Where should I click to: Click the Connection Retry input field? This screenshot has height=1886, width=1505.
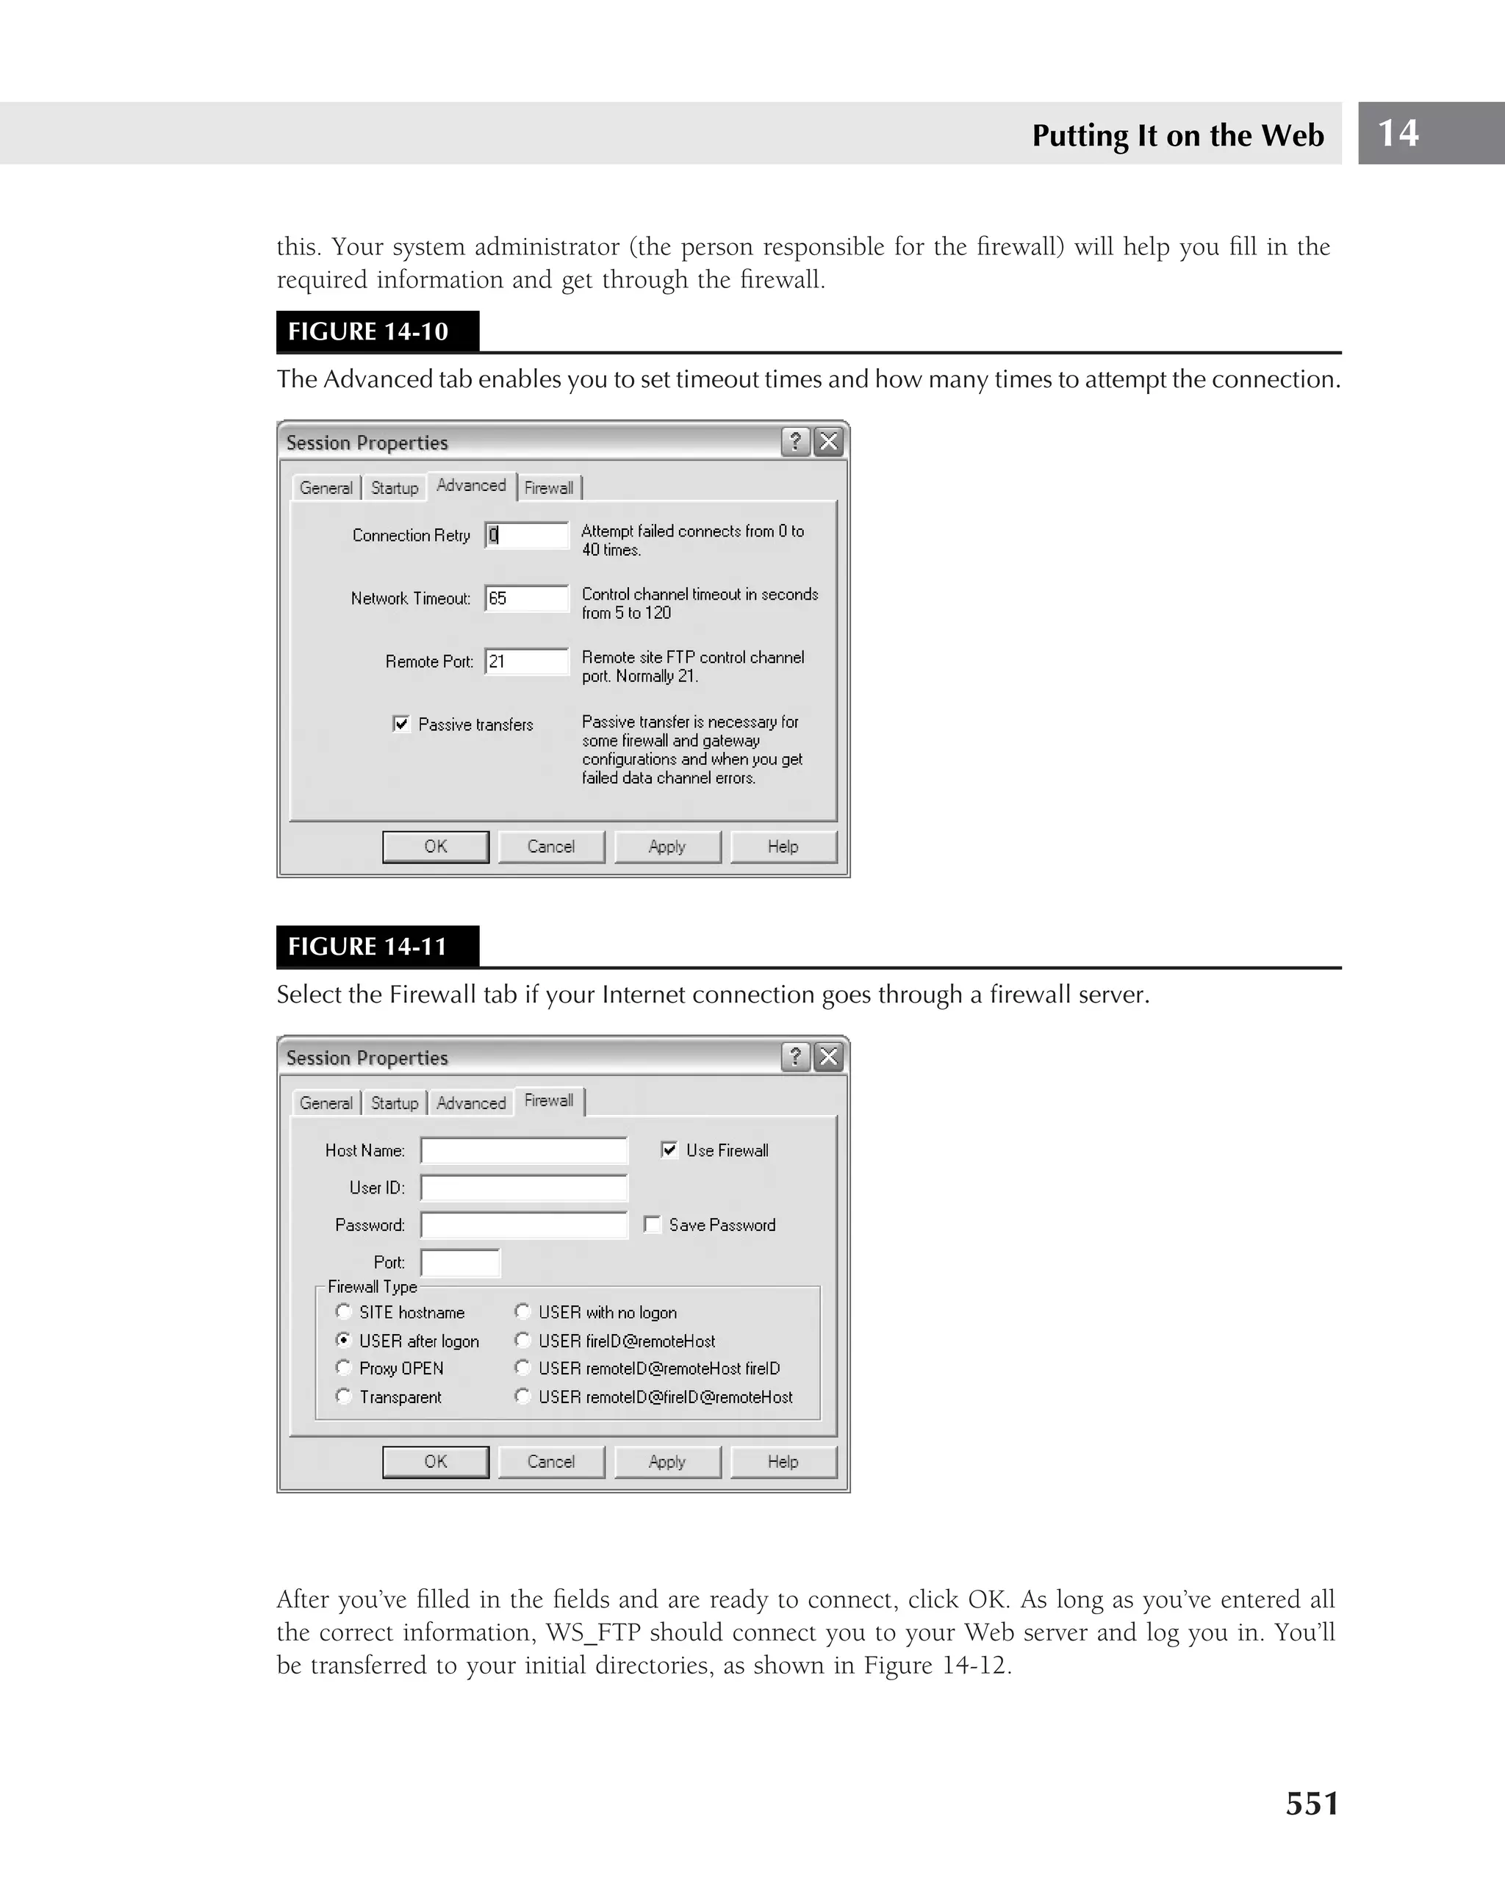[x=526, y=535]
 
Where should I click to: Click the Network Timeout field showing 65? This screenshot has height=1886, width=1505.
[x=526, y=598]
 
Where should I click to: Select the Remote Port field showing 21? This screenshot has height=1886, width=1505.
[x=526, y=661]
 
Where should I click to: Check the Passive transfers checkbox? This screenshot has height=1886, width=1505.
[x=401, y=723]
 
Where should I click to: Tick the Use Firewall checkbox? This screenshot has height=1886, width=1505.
[x=669, y=1150]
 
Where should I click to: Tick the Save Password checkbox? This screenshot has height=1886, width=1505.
[x=653, y=1224]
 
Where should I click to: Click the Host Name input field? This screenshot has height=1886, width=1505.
[x=524, y=1150]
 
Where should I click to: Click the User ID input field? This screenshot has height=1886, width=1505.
[x=524, y=1188]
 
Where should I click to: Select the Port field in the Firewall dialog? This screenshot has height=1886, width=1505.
[x=460, y=1262]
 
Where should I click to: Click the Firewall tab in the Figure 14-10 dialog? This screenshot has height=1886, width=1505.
[x=549, y=488]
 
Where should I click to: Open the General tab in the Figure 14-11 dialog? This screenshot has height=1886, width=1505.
[x=326, y=1103]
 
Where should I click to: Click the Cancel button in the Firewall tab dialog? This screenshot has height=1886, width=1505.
[x=551, y=1461]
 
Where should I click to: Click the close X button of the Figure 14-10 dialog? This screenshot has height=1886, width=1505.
[x=828, y=442]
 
